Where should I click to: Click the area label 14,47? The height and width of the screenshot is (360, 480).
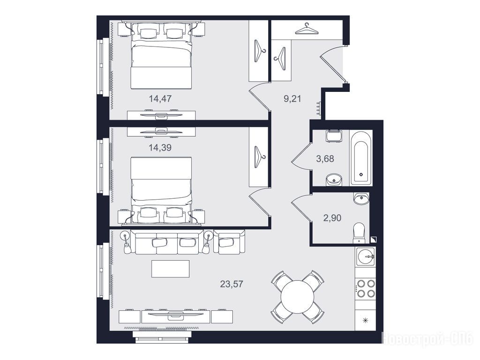160,98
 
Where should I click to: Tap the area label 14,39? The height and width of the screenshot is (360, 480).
160,148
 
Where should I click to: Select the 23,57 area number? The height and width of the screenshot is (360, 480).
232,284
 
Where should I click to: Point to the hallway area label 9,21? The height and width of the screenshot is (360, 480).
292,98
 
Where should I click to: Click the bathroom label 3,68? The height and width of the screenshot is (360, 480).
325,159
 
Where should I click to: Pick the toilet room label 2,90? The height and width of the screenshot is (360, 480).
332,218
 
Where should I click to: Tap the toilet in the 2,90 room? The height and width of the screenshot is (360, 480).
359,233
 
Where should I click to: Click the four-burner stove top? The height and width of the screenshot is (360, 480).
365,288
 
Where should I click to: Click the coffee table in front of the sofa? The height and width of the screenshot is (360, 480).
171,269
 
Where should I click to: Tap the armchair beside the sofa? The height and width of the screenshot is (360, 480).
229,242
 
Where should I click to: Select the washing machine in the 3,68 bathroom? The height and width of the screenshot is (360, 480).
334,136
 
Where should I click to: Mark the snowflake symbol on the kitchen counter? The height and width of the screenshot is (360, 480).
365,321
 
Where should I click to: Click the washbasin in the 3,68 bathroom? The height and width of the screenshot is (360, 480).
333,180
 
